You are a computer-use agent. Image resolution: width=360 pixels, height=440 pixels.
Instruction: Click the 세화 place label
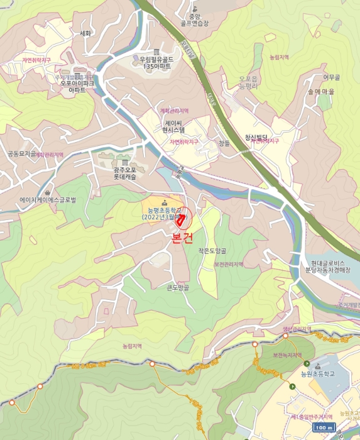point(86,33)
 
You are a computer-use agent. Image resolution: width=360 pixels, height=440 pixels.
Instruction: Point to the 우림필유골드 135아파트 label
point(156,62)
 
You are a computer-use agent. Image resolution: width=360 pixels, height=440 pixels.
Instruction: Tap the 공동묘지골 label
point(21,153)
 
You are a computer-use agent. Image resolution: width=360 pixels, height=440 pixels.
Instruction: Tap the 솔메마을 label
point(320,91)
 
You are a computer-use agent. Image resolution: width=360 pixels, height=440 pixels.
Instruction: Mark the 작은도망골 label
point(212,250)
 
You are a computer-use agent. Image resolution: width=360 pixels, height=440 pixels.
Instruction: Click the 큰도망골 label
point(178,289)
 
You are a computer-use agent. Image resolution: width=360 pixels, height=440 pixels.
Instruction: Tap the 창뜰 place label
point(224,143)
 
